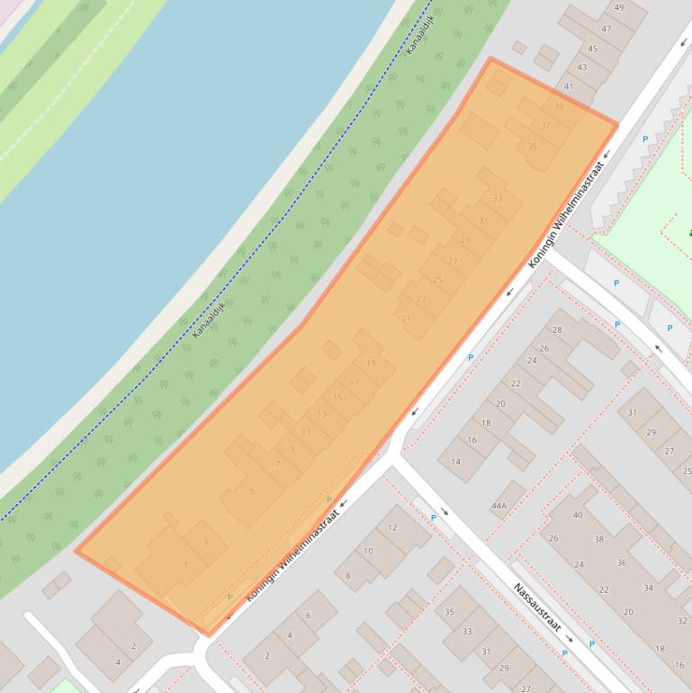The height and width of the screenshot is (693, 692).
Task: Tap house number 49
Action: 619,8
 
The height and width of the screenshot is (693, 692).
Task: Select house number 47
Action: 607,29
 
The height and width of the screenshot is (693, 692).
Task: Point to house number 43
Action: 582,67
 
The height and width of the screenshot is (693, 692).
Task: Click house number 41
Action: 569,87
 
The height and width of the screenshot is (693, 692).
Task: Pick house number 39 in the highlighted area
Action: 559,106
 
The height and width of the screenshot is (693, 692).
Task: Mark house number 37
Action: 546,126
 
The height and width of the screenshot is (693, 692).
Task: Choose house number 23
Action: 420,299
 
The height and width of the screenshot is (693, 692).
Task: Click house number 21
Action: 406,319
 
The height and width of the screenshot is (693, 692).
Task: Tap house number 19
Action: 371,364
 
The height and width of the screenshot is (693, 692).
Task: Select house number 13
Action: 321,414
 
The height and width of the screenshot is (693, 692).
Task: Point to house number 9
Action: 292,449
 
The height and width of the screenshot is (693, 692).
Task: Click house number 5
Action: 252,491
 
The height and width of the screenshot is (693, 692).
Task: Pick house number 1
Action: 185,565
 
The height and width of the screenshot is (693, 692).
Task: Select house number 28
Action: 557,330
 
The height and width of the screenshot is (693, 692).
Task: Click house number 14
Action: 455,463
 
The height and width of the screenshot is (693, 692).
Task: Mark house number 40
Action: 578,516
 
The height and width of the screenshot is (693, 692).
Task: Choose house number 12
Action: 392,528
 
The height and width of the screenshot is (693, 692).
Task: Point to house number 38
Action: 599,540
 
